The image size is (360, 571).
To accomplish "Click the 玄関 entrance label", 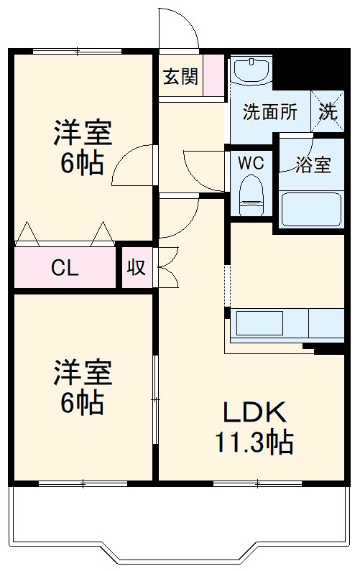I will [180, 75].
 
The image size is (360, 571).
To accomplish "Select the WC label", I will [251, 162].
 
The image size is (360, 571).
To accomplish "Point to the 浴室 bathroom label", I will [313, 164].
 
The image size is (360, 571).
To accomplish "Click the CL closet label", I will [65, 268].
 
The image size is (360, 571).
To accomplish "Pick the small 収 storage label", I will [137, 268].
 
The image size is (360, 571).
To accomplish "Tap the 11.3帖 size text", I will [254, 442].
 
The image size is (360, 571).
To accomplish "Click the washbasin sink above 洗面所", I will [251, 70].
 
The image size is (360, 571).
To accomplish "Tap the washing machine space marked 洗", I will [328, 111].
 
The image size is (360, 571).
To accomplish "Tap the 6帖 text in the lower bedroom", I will [82, 402].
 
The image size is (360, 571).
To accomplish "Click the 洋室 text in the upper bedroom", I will [82, 134].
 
